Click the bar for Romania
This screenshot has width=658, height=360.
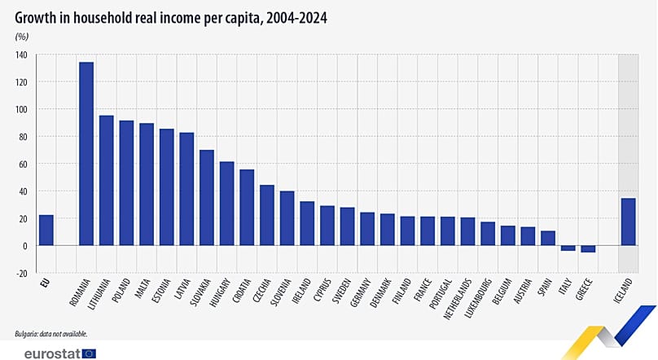pos(86,154)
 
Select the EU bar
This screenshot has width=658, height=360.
pos(46,230)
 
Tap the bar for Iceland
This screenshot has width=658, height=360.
pos(628,222)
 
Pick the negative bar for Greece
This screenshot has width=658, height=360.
pos(587,248)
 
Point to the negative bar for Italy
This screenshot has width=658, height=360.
pos(568,248)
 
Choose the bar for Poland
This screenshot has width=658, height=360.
pos(126,183)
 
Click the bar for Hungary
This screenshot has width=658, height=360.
pos(226,204)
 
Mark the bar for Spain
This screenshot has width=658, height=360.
pos(547,238)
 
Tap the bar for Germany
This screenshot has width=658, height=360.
pos(367,229)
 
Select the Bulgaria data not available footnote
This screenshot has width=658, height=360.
pos(50,334)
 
